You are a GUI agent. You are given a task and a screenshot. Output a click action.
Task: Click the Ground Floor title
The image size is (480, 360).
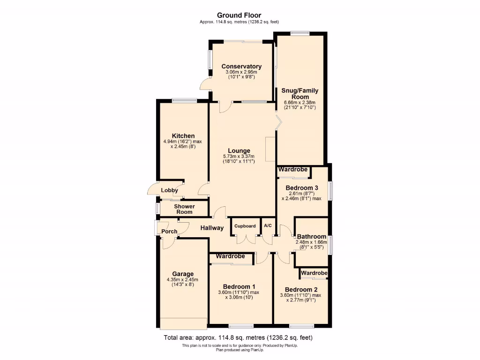(x=240, y=15)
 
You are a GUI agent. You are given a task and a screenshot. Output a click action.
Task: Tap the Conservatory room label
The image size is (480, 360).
(x=241, y=66)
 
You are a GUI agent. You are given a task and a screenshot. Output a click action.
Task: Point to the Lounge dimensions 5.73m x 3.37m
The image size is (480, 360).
(x=239, y=156)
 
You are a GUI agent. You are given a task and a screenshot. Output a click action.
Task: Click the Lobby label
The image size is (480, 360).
(x=169, y=190)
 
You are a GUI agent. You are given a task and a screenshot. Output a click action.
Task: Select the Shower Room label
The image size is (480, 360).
(x=184, y=209)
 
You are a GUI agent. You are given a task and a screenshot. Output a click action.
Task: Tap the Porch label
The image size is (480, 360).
(x=169, y=231)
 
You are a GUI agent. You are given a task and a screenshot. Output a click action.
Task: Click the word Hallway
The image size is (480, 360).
(x=212, y=228)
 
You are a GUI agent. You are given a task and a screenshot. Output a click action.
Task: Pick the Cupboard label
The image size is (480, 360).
(x=245, y=226)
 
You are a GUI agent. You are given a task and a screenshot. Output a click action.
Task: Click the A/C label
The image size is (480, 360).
(x=268, y=226)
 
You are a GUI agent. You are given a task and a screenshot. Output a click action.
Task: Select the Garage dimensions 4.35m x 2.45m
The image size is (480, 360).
(x=183, y=280)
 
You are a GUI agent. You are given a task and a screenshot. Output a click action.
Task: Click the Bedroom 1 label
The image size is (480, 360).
(x=239, y=286)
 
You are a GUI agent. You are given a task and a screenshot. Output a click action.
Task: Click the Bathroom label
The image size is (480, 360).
(x=311, y=236)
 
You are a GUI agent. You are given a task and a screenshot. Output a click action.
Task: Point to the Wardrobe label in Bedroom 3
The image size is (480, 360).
(x=294, y=170)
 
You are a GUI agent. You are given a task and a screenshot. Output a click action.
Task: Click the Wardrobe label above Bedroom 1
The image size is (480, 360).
(x=230, y=256)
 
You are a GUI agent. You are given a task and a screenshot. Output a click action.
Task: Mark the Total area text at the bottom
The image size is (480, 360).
(x=238, y=337)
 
